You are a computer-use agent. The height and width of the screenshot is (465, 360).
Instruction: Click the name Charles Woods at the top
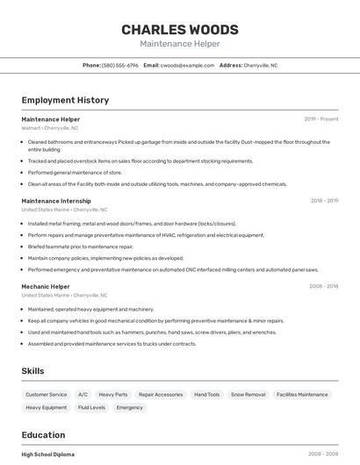click(x=179, y=29)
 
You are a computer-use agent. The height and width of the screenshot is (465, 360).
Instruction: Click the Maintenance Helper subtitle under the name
click(x=179, y=44)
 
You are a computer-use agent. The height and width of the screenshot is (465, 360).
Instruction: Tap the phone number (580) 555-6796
click(x=120, y=65)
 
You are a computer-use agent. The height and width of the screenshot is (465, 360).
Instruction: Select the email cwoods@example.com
click(x=187, y=65)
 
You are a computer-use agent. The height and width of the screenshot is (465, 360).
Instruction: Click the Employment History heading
click(x=65, y=100)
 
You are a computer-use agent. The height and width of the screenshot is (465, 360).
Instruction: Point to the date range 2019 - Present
click(x=321, y=119)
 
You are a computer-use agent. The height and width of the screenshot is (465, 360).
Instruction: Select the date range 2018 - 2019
click(x=324, y=201)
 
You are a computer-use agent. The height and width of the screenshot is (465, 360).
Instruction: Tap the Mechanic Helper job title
click(x=46, y=287)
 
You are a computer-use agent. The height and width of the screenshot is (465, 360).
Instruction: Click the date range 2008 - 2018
click(x=324, y=287)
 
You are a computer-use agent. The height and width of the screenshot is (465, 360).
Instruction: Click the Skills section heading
click(x=32, y=371)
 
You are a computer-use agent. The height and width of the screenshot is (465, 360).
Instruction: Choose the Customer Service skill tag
click(x=47, y=395)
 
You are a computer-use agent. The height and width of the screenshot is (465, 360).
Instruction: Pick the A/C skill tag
click(x=83, y=395)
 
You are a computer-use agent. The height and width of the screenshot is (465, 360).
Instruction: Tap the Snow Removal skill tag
click(x=248, y=395)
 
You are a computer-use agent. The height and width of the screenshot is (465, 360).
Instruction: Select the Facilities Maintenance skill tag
click(x=302, y=395)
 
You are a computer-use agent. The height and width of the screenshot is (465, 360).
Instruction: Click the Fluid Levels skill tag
click(x=91, y=408)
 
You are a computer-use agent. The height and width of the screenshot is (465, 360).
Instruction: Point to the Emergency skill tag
click(x=129, y=408)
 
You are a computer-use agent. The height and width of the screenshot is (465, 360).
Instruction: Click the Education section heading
click(x=43, y=435)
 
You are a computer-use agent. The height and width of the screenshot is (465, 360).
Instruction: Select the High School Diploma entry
click(x=48, y=454)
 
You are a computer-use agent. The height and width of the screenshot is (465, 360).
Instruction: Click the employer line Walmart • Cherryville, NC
click(x=50, y=128)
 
